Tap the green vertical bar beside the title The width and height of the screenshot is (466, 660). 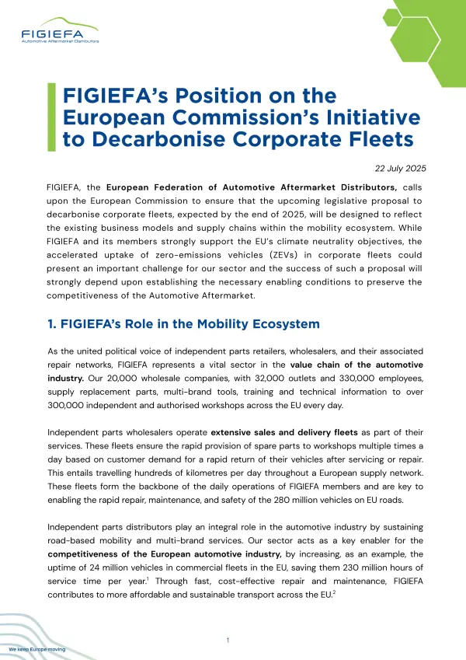tap(51, 117)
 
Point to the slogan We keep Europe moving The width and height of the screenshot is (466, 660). tap(37, 648)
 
